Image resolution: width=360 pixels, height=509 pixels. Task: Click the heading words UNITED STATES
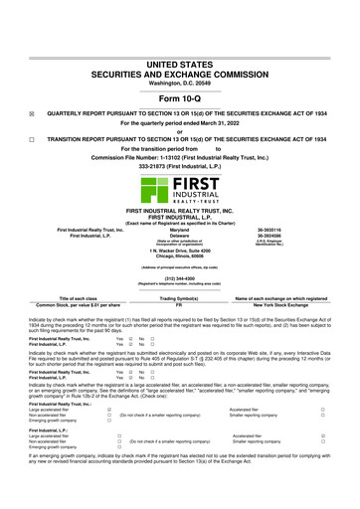pyautogui.click(x=180, y=63)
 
